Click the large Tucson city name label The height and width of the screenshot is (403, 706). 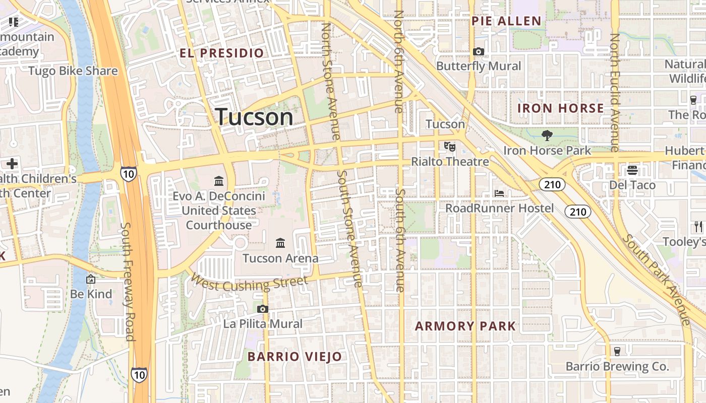(255, 117)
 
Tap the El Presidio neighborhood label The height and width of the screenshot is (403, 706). (222, 53)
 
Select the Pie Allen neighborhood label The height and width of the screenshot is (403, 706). (506, 21)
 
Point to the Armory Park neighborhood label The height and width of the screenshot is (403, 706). (465, 326)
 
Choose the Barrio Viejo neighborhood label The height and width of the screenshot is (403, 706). (295, 357)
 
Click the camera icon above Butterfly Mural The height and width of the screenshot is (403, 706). (479, 51)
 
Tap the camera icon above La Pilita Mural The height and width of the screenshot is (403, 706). (262, 309)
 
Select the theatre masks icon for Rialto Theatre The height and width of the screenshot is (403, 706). (449, 147)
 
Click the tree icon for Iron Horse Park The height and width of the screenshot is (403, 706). (547, 135)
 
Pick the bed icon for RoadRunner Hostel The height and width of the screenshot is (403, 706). (499, 193)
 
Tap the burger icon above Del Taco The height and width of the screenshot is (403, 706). (632, 170)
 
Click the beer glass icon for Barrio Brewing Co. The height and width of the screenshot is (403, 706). (617, 351)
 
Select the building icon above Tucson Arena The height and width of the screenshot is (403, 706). (280, 243)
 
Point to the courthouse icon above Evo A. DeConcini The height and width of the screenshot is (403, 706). (219, 180)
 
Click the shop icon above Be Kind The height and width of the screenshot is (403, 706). (91, 279)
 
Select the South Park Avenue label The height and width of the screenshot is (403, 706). (657, 279)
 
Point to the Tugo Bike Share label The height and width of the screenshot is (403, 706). (73, 71)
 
